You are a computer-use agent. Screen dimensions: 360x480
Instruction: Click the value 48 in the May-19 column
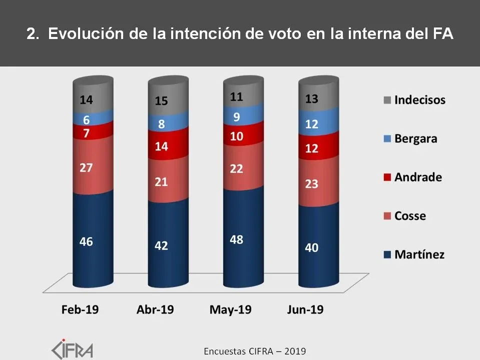pos(236,239)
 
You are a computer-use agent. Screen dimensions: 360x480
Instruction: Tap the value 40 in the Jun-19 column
pos(311,247)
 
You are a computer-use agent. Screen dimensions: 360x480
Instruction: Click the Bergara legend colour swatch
pos(387,139)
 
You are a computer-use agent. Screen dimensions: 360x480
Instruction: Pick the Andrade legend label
pos(418,177)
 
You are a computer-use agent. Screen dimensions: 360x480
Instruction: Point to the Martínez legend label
pos(419,254)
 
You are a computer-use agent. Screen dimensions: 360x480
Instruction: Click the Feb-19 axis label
pos(80,309)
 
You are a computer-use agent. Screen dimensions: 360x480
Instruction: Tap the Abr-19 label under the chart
pos(155,309)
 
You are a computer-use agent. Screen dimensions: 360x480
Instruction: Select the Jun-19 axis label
pos(305,309)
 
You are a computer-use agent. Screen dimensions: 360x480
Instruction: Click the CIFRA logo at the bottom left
pos(73,348)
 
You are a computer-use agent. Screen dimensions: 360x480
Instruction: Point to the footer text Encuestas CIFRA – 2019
pos(255,351)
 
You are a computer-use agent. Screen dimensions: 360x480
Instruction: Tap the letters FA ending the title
pos(443,34)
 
